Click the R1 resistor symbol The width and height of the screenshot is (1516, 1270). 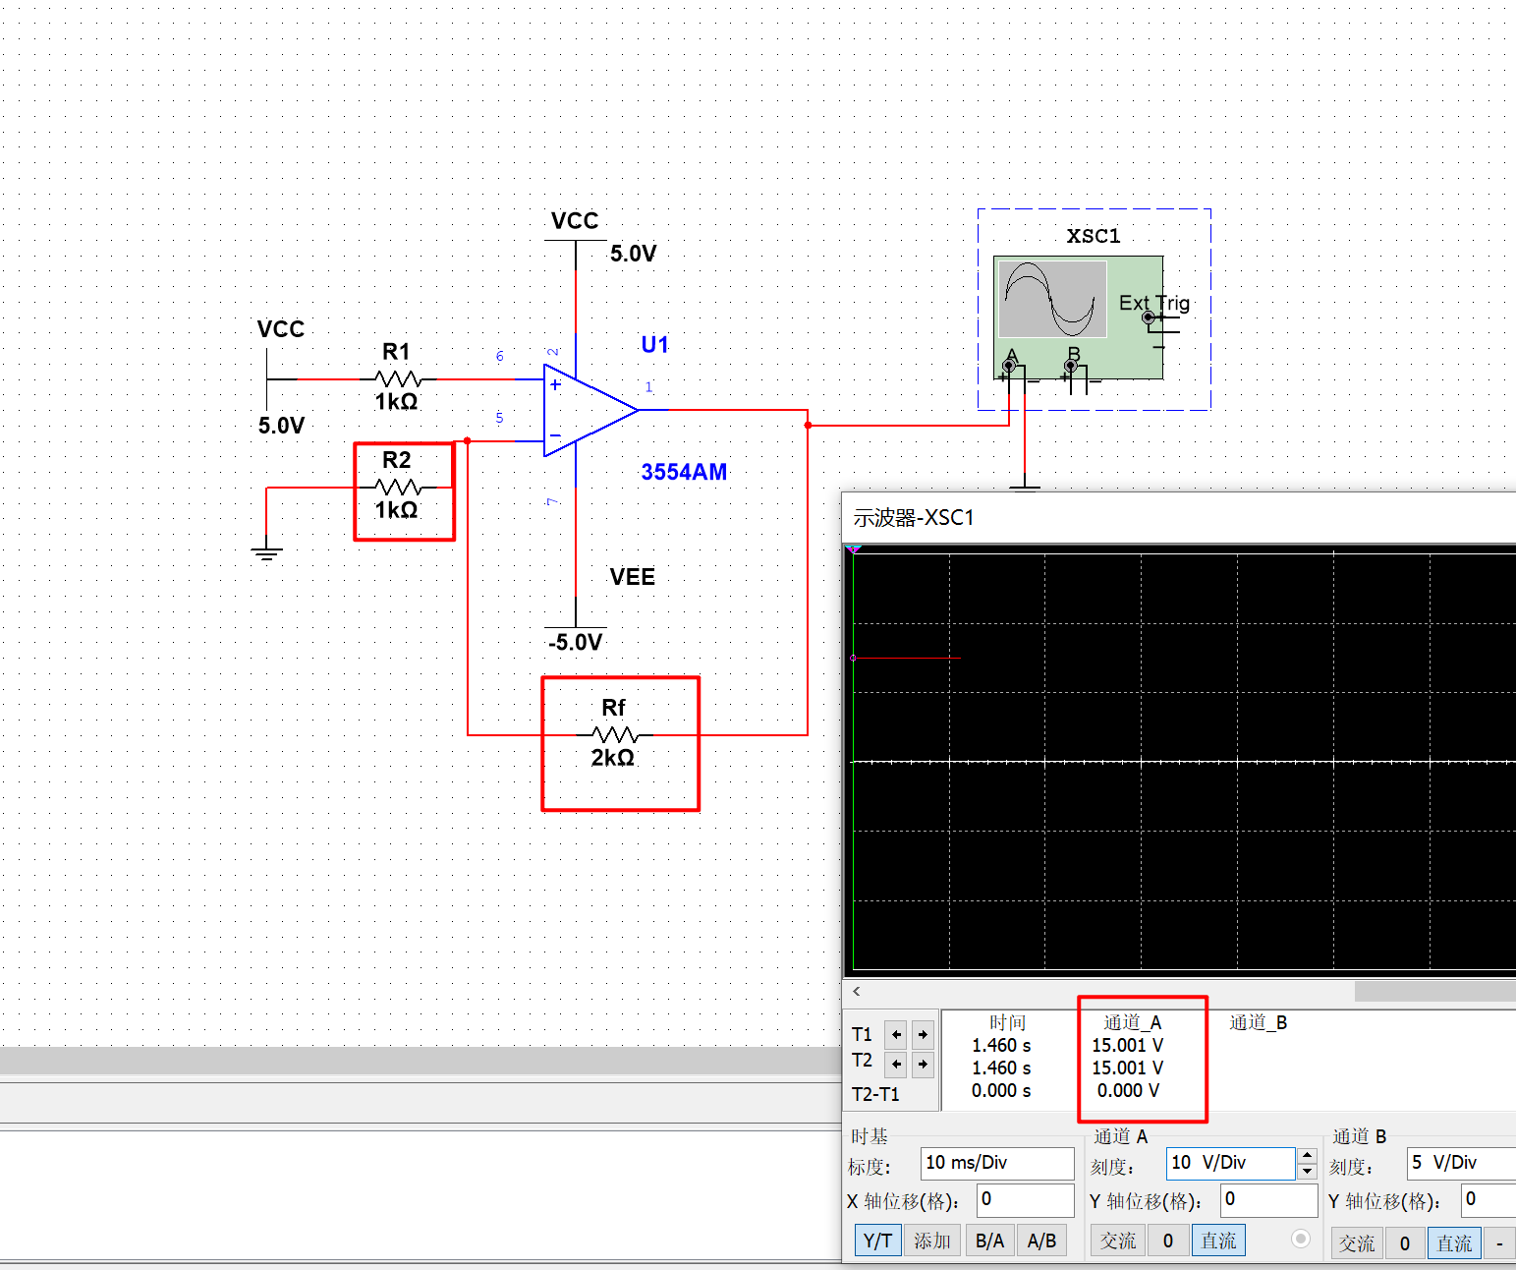tap(398, 378)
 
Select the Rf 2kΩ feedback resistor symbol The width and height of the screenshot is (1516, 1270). tap(615, 734)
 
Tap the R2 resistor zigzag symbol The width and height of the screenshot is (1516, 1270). tap(398, 487)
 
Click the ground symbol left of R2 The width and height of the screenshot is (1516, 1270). tap(266, 552)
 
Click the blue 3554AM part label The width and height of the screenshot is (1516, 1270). tap(684, 472)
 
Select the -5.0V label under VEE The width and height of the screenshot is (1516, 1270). tap(575, 643)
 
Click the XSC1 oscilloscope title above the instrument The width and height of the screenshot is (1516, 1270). tap(1094, 236)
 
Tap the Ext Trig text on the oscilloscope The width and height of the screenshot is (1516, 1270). tap(1153, 303)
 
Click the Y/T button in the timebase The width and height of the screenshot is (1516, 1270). tap(877, 1241)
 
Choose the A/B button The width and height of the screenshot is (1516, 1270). tap(1041, 1241)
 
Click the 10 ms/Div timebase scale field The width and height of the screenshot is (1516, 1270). tap(996, 1163)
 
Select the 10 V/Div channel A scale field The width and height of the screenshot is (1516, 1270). tap(1230, 1163)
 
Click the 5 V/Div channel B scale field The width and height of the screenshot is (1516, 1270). tap(1460, 1163)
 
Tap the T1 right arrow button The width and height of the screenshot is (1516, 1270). tap(923, 1034)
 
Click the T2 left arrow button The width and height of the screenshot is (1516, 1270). tap(896, 1064)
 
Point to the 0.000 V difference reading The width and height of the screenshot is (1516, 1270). tap(1128, 1090)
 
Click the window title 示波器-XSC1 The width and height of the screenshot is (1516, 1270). tap(913, 518)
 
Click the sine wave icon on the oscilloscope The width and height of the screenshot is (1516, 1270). tap(1052, 298)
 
